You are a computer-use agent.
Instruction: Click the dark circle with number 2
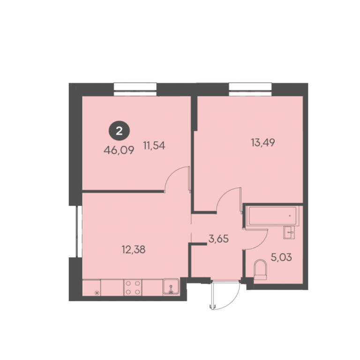119,131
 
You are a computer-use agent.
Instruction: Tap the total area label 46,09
119,150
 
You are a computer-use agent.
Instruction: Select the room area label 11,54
154,146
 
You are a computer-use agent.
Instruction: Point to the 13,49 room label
263,142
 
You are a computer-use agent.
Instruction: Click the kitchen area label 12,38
134,249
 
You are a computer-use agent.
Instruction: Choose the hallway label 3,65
218,239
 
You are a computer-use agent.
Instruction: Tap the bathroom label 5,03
281,257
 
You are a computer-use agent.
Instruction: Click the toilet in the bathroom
260,270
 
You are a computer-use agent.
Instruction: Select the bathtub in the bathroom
272,216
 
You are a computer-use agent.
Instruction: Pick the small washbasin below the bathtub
289,232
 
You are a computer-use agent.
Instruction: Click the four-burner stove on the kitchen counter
133,287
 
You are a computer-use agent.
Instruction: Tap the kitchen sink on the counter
171,286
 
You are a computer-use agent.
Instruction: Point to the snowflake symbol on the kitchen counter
97,292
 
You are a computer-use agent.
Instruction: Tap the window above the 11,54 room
135,90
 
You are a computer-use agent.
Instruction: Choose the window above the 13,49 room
250,90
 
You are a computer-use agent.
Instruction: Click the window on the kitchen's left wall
79,232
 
